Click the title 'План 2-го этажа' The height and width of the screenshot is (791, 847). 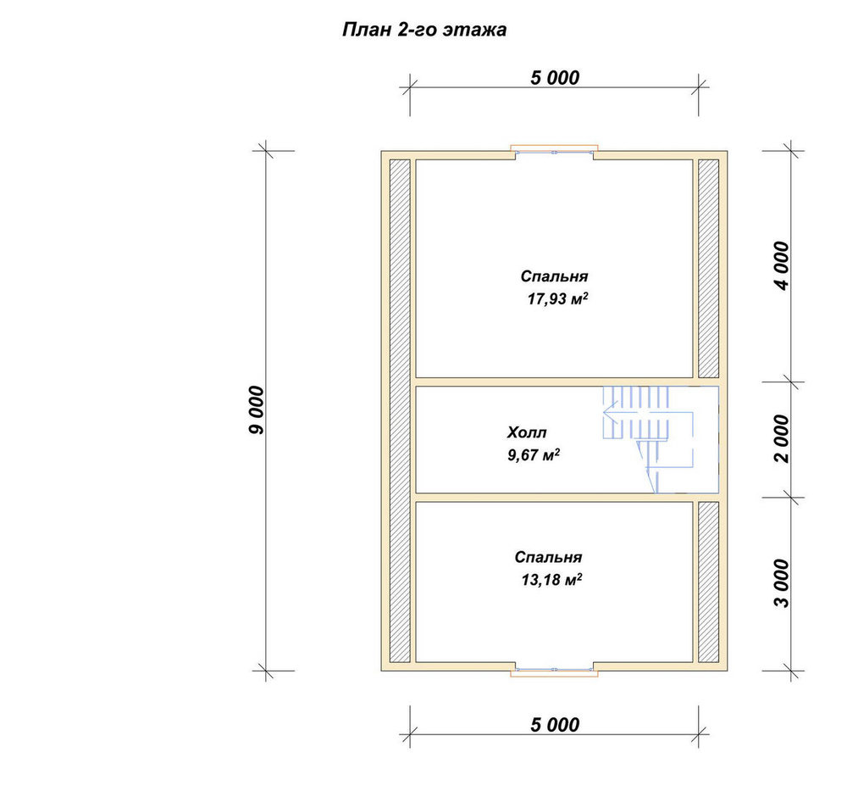[424, 29]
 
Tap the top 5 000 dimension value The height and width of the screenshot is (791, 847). [555, 78]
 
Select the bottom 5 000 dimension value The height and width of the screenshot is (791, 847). [555, 725]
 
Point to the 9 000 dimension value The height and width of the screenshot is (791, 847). [257, 410]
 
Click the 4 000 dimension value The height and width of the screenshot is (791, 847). [782, 266]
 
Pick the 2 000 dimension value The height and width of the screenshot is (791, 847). [782, 439]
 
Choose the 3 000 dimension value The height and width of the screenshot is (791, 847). [782, 583]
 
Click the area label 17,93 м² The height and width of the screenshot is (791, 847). [557, 298]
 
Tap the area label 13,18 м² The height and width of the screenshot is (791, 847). [551, 580]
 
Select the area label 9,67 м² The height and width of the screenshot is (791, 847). [534, 454]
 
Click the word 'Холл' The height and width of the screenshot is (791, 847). [527, 432]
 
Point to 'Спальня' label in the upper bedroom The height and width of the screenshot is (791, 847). [554, 276]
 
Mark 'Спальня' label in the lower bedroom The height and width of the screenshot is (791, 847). [548, 558]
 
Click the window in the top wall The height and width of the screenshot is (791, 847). [554, 152]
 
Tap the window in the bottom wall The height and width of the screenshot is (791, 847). [554, 670]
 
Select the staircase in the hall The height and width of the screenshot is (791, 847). [648, 439]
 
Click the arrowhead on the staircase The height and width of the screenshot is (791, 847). [608, 413]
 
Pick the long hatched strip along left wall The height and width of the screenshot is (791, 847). [400, 410]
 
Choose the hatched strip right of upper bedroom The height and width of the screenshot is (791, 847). [709, 268]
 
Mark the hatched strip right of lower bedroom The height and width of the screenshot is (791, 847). [709, 582]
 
